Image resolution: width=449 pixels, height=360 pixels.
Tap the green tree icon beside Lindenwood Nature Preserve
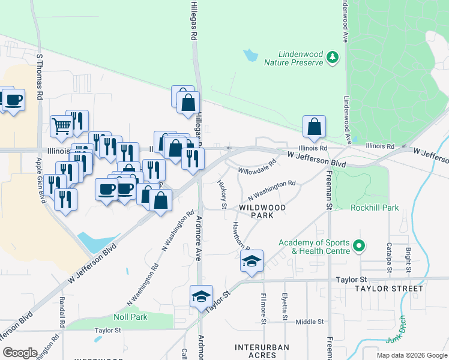(333, 58)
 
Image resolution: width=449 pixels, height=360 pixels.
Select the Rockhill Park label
(375, 208)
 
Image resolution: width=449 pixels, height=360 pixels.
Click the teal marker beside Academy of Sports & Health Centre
(360, 246)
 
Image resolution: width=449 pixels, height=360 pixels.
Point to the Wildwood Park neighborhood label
(262, 211)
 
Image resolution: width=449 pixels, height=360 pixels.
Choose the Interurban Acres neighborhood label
(262, 351)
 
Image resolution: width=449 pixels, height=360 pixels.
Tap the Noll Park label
(130, 317)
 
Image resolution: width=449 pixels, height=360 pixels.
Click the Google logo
(20, 352)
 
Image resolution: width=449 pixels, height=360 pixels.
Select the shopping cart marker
(61, 126)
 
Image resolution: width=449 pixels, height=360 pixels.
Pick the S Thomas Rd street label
(40, 76)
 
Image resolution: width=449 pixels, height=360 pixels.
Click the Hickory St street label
(222, 194)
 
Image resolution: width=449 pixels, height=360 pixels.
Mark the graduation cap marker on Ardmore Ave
(202, 296)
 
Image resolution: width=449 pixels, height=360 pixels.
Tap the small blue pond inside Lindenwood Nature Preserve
(250, 56)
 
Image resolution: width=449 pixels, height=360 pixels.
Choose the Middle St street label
(310, 322)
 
